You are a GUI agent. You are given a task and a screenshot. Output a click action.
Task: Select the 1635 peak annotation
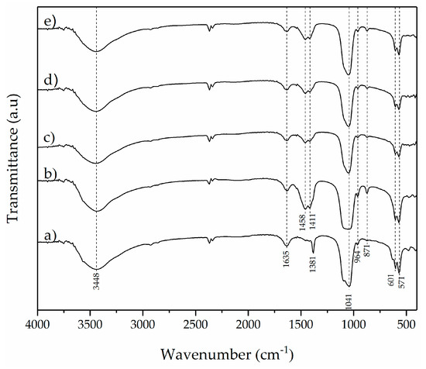pos(287,264)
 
